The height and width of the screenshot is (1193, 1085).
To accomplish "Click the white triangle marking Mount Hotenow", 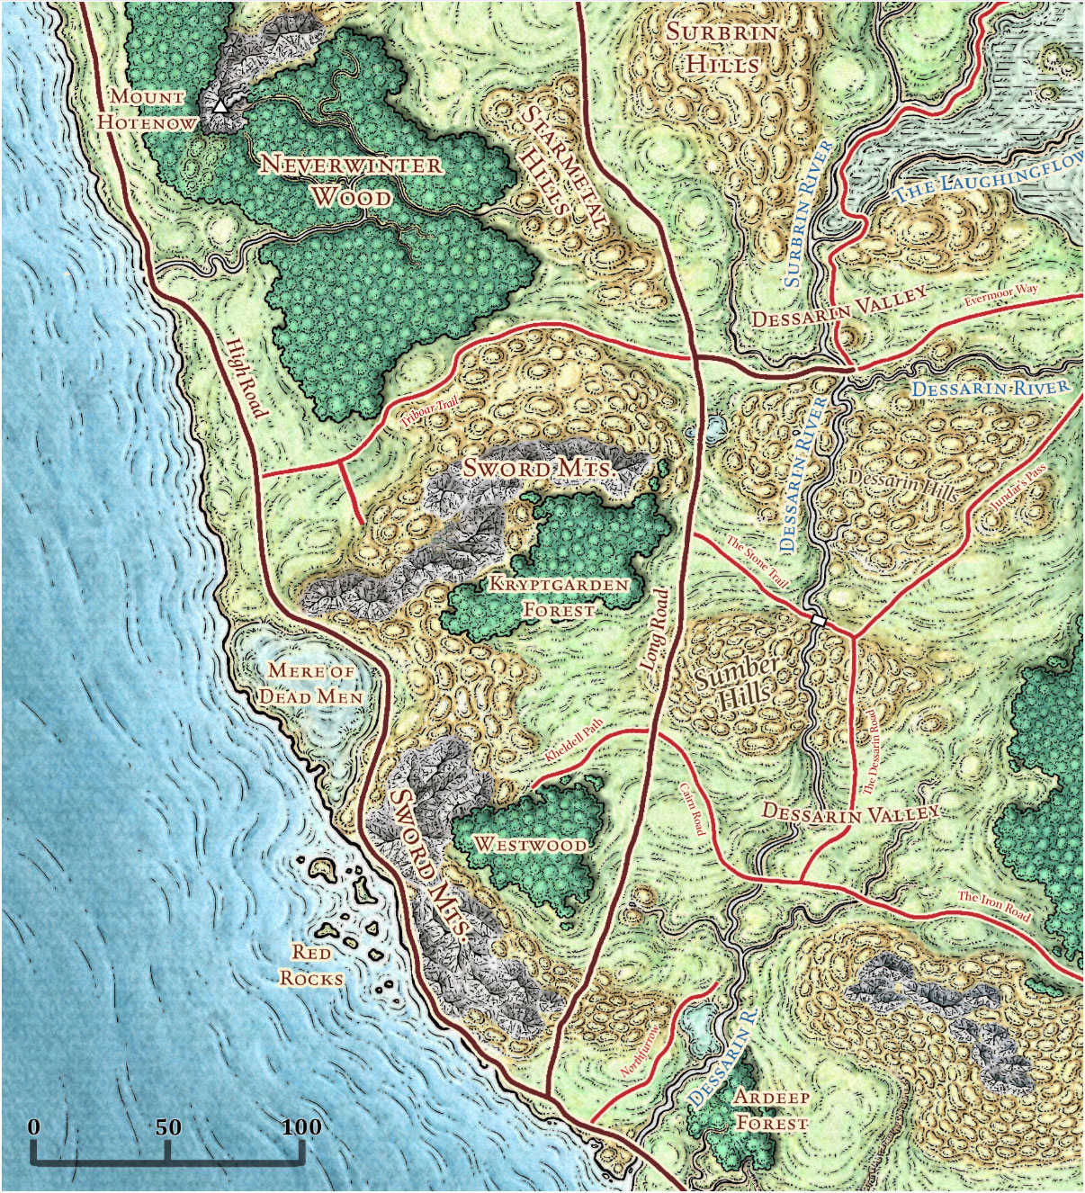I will pyautogui.click(x=220, y=106).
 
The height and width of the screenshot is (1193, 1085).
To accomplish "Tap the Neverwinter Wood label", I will pyautogui.click(x=351, y=180).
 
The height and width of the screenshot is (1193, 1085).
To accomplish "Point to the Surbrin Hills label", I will pyautogui.click(x=722, y=49).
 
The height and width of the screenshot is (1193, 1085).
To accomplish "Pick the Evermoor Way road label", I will pyautogui.click(x=1000, y=295).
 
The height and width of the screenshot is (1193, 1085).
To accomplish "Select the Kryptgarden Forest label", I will pyautogui.click(x=559, y=596).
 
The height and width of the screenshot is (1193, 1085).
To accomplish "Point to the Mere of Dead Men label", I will pyautogui.click(x=310, y=684).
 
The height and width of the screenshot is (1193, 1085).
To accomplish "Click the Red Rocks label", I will pyautogui.click(x=311, y=964).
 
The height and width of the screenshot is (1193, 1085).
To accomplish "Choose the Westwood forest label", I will pyautogui.click(x=531, y=845).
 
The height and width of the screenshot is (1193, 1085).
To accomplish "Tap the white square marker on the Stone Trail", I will pyautogui.click(x=818, y=620).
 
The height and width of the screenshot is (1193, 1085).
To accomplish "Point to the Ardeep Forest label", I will pyautogui.click(x=772, y=1110).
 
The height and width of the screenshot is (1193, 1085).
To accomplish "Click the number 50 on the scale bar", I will pyautogui.click(x=167, y=1127).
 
